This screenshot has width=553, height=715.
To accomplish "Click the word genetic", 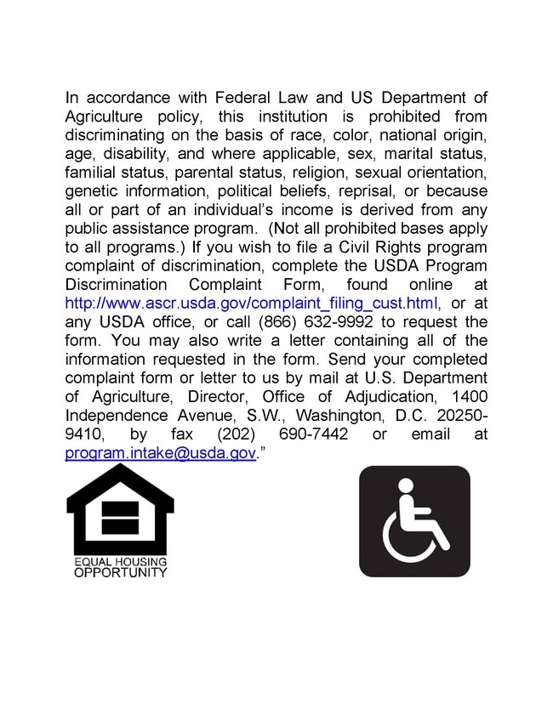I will (93, 191).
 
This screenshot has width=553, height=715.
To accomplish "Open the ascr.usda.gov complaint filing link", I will (252, 304).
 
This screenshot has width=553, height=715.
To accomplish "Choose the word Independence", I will (117, 416).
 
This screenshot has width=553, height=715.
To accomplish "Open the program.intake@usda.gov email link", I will (161, 453).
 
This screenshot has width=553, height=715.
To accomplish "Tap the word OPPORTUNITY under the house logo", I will (120, 573).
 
